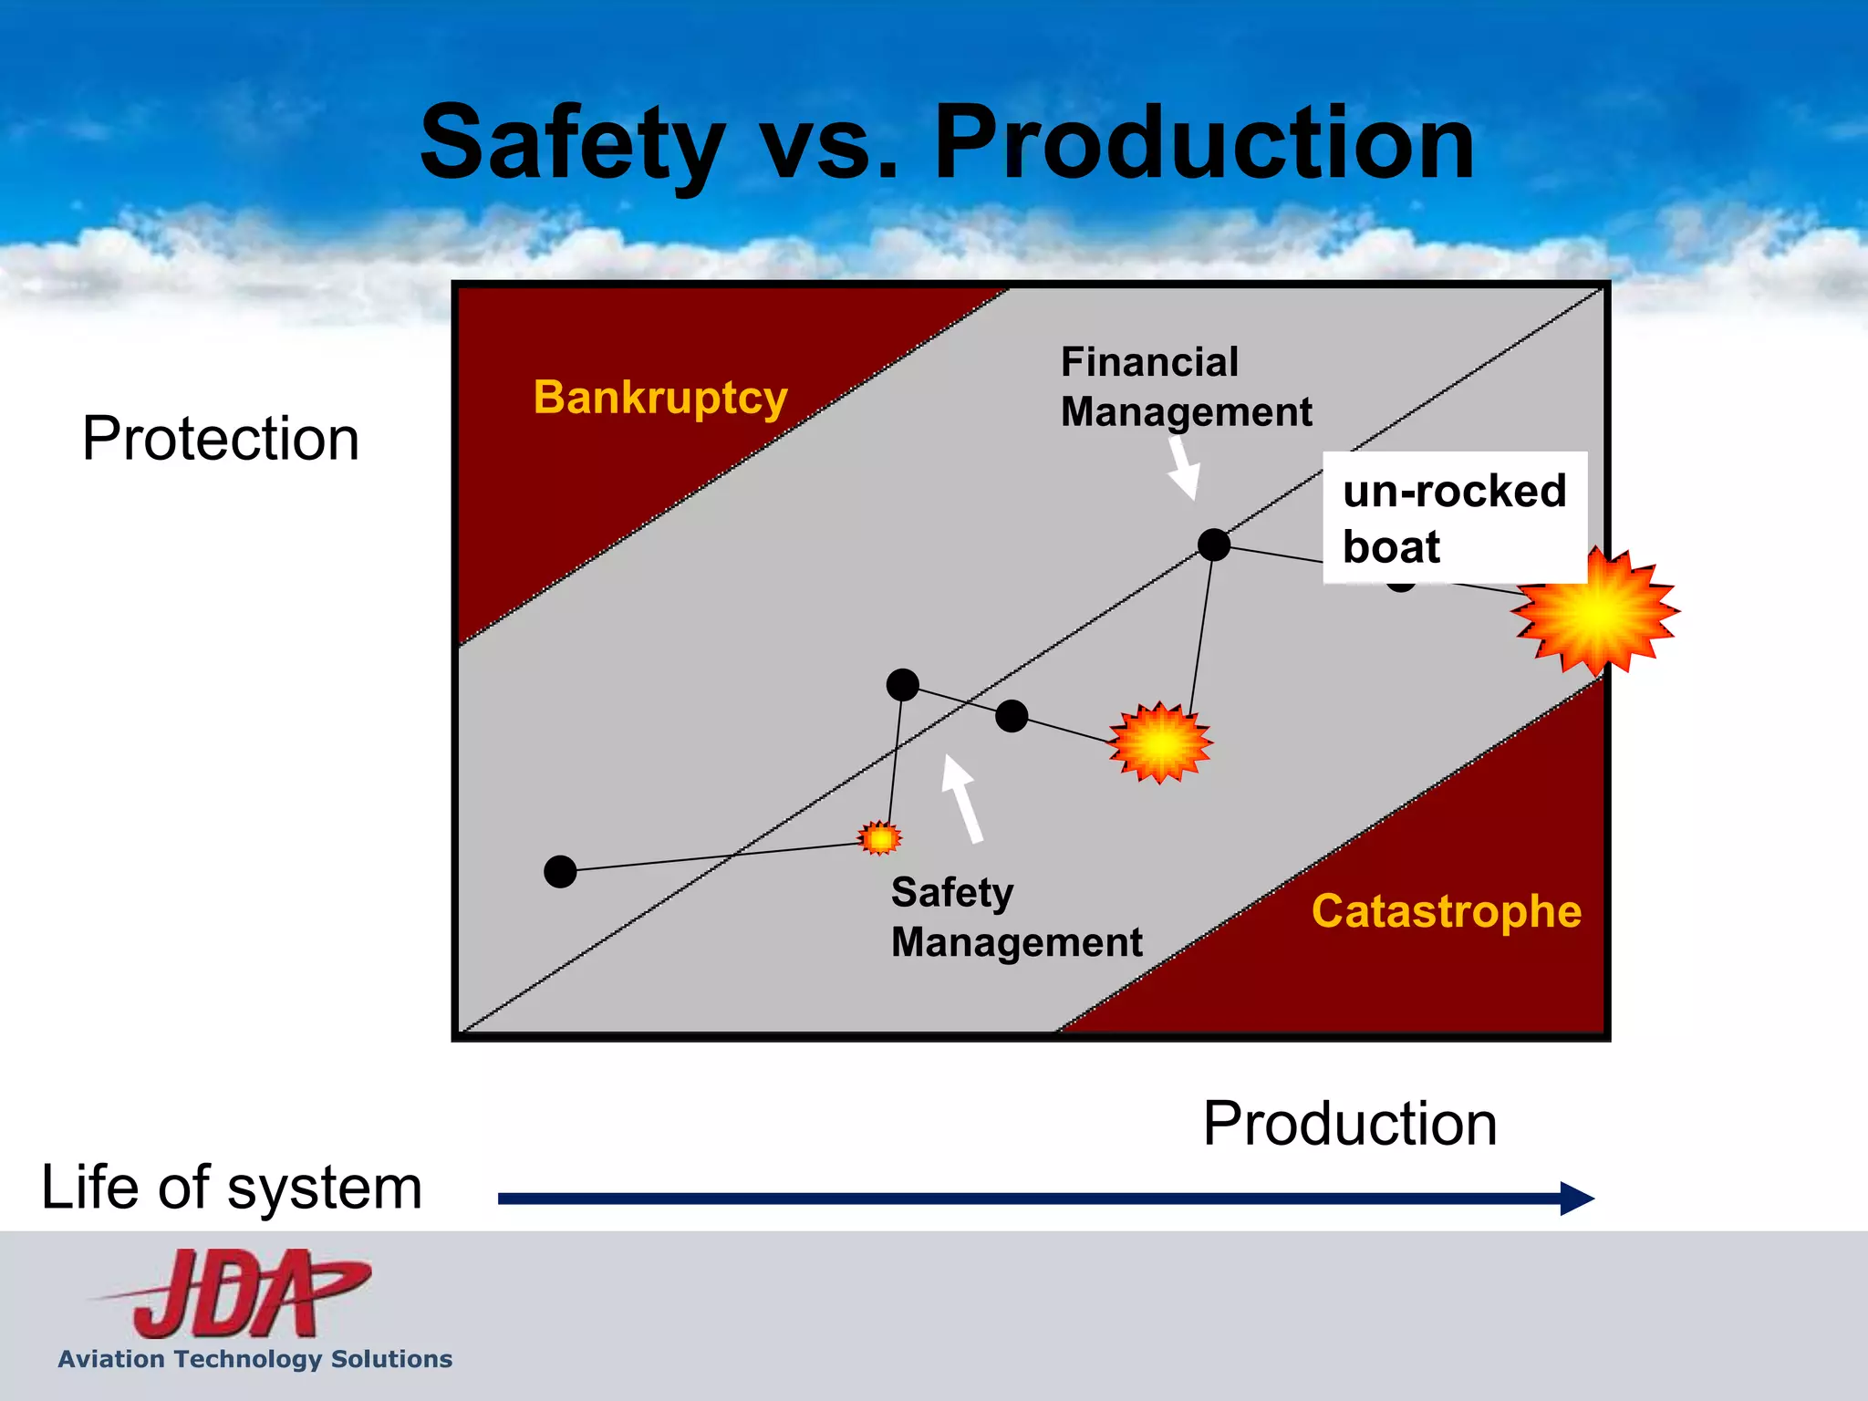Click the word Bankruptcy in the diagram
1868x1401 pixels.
point(660,399)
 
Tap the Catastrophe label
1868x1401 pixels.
point(1447,911)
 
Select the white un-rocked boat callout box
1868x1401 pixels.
point(1455,517)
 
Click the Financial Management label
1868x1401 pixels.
point(1186,387)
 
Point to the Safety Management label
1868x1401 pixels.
point(1016,917)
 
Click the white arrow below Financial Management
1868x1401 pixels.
point(1184,468)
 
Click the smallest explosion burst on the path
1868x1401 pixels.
point(880,837)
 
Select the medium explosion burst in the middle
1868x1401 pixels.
point(1160,743)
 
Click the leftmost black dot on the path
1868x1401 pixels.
point(560,871)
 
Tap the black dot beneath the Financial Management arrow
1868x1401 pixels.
point(1214,545)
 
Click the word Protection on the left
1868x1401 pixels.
point(221,439)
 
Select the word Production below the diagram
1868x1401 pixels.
point(1350,1123)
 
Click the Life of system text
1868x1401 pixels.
point(232,1188)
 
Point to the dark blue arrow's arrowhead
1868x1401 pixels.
point(1576,1198)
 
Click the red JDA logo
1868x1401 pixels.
point(233,1292)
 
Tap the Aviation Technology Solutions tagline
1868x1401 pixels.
point(255,1359)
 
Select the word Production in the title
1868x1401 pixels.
point(1204,141)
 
